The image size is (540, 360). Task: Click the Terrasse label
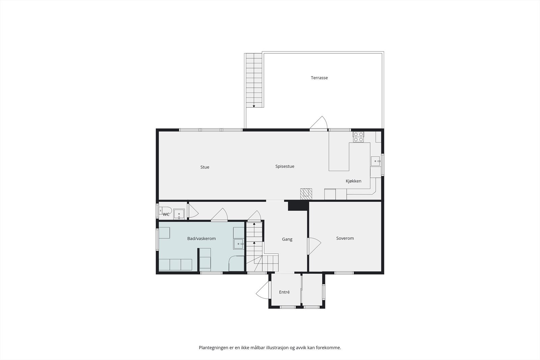tap(319, 78)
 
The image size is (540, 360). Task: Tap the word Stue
tap(205, 167)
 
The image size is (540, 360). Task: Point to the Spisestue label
tap(285, 167)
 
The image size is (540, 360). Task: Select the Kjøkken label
tap(353, 181)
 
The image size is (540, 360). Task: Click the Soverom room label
tap(345, 238)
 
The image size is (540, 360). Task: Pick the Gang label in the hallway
tap(287, 239)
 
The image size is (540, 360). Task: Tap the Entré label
tap(284, 292)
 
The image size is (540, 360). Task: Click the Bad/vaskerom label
tap(201, 239)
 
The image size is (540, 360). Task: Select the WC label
tap(166, 215)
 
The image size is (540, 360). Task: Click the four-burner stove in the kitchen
tap(358, 137)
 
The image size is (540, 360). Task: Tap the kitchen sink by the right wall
tap(375, 161)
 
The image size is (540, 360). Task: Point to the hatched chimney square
tap(306, 194)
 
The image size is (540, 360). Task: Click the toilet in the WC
tap(165, 211)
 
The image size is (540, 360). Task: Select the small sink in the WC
tap(179, 214)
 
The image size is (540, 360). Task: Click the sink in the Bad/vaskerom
tap(239, 244)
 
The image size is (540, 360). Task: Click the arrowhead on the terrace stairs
tap(254, 106)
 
